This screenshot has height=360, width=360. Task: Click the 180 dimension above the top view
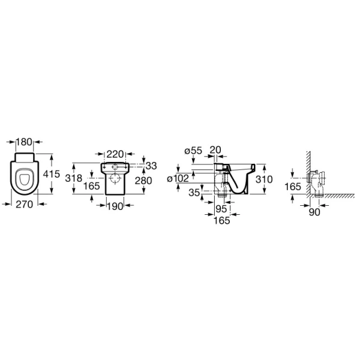[25, 142]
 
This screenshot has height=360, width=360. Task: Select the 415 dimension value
[52, 174]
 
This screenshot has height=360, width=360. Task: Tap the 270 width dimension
[25, 205]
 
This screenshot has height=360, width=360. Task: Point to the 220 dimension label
[115, 154]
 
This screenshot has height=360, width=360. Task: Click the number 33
[151, 166]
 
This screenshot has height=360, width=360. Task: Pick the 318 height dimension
[73, 178]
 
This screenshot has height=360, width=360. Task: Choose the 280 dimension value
[143, 181]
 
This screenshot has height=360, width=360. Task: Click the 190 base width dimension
[115, 206]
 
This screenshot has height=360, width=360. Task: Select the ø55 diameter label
[193, 151]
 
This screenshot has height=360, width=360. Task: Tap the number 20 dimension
[215, 150]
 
